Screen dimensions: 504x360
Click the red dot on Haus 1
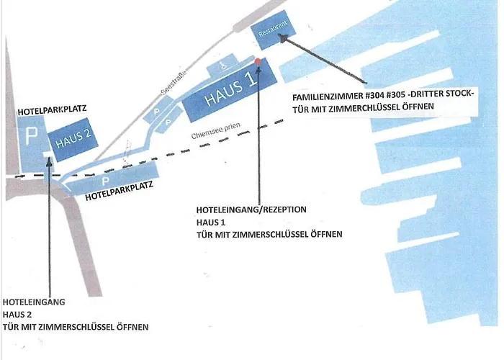pyautogui.click(x=258, y=61)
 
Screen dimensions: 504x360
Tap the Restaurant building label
pyautogui.click(x=273, y=29)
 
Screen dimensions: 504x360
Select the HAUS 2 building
pyautogui.click(x=73, y=139)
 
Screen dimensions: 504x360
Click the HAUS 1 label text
pyautogui.click(x=231, y=89)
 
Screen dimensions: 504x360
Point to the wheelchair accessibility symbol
pyautogui.click(x=225, y=66)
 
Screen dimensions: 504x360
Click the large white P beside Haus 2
pyautogui.click(x=31, y=136)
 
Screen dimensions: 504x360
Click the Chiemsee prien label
pyautogui.click(x=216, y=131)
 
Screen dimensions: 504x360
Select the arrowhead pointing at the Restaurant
pyautogui.click(x=284, y=39)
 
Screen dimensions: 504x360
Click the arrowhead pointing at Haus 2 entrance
pyautogui.click(x=49, y=161)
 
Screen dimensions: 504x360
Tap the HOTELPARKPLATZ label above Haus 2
pyautogui.click(x=52, y=110)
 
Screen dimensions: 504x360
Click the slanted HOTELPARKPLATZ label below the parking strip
pyautogui.click(x=119, y=191)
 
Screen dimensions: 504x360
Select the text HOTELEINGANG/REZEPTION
pyautogui.click(x=251, y=210)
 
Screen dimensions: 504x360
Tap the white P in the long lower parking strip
pyautogui.click(x=105, y=181)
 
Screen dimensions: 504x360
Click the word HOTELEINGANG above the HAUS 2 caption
pyautogui.click(x=34, y=302)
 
